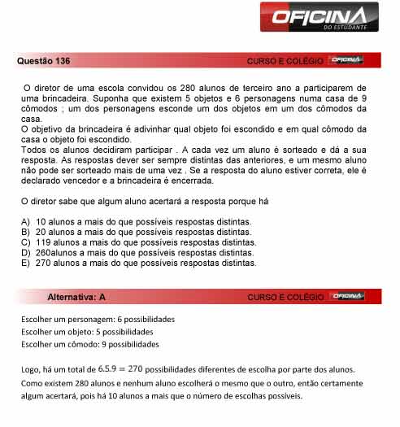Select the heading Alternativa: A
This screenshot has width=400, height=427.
76,297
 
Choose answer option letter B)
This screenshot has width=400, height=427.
26,232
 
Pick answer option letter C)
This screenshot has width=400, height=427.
26,242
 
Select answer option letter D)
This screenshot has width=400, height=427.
26,253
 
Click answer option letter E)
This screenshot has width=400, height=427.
26,264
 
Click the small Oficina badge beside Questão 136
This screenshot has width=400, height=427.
348,61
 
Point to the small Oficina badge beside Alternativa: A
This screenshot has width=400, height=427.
348,296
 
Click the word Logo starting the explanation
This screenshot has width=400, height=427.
32,369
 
